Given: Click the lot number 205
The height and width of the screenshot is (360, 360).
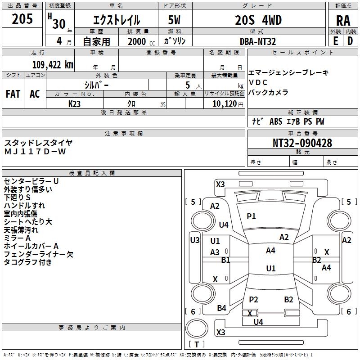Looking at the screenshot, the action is coord(22,19).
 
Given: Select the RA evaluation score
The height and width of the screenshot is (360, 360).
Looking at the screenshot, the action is coord(343,21).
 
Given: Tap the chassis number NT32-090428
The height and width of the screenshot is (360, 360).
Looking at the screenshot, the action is coord(302,143).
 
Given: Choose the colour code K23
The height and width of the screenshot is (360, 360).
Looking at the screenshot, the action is coord(75,103).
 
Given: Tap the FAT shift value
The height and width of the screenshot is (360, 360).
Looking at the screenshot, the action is coord(13,94).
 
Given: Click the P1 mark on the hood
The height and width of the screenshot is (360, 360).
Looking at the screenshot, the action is coord(251,216).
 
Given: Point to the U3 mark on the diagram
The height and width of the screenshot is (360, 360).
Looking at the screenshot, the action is coord(194,240).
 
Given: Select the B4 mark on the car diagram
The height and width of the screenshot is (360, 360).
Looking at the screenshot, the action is coord(221,308).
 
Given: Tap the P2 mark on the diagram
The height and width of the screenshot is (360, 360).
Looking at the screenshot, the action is coord(253,299).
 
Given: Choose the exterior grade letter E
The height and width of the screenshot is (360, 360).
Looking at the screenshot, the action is coord(335,41).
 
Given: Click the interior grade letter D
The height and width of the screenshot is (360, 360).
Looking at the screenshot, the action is coord(350,41).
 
